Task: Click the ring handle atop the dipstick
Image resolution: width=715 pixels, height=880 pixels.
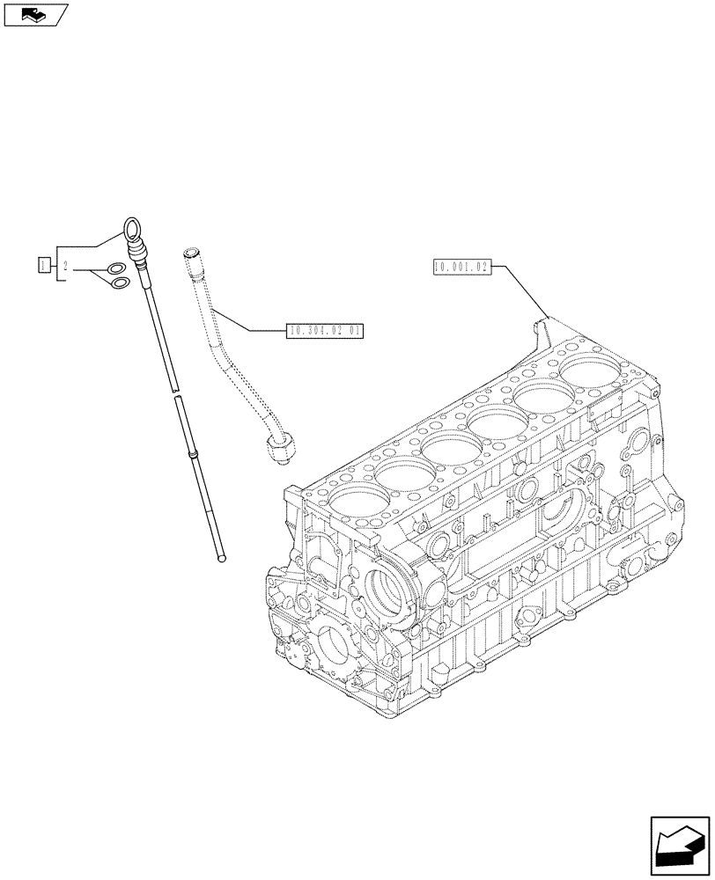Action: tap(131, 230)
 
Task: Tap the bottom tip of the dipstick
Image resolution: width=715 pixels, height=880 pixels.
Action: tap(222, 556)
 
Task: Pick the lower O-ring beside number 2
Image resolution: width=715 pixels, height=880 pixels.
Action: tap(120, 282)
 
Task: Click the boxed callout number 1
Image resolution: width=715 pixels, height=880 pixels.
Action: tap(43, 264)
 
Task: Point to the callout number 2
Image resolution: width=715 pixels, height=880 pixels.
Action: tap(65, 265)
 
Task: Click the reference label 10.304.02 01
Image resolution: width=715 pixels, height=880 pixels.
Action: tap(325, 331)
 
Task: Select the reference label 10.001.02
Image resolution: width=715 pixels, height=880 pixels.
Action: tap(461, 267)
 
